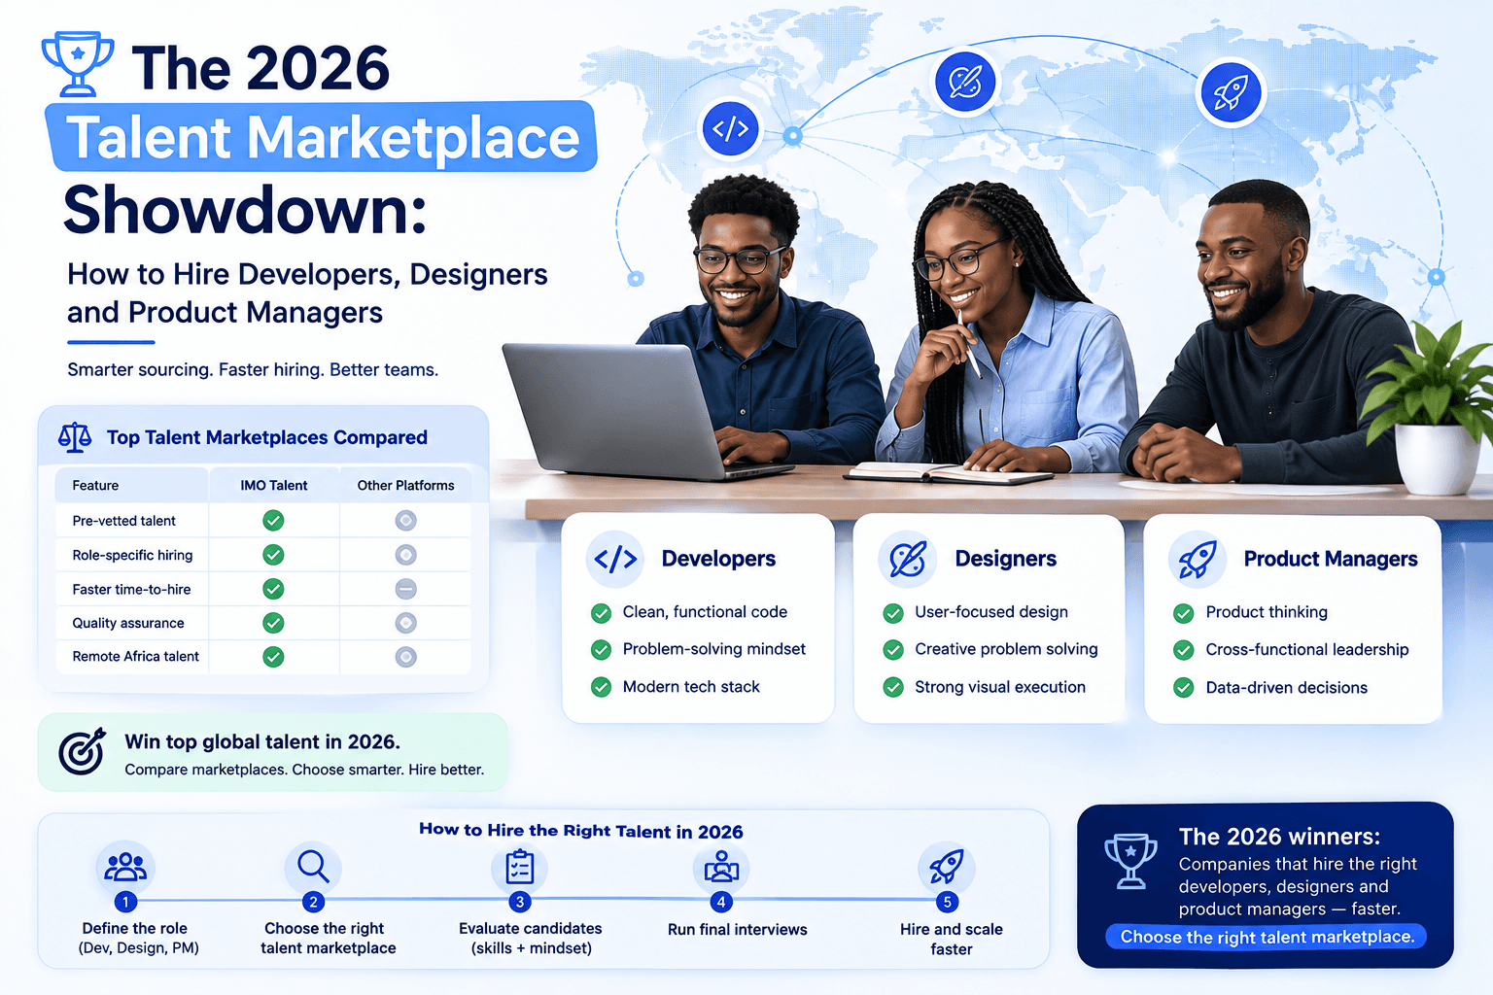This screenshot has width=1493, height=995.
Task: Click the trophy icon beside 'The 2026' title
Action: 78,63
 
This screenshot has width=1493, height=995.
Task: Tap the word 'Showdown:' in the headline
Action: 245,210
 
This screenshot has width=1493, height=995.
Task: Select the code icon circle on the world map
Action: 731,128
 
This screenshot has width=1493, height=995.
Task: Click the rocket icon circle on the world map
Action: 1231,92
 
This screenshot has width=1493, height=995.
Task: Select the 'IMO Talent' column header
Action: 273,485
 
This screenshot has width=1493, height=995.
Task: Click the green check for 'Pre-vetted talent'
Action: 273,521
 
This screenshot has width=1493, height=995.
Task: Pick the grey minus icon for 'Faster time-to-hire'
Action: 406,589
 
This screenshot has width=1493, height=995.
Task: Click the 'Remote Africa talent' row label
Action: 135,657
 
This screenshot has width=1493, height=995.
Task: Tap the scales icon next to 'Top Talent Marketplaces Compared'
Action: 75,438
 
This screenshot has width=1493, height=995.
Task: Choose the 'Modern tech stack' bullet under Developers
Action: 691,687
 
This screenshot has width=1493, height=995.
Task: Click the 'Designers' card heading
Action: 1005,559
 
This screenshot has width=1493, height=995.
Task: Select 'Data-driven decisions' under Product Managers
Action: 1286,688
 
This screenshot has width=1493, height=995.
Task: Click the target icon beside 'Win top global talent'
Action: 82,751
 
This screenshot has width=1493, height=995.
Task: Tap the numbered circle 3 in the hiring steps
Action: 520,903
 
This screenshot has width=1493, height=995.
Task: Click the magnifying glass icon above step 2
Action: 313,866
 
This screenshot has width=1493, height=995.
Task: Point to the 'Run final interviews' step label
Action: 737,930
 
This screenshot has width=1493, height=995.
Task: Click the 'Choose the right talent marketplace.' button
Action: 1267,937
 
